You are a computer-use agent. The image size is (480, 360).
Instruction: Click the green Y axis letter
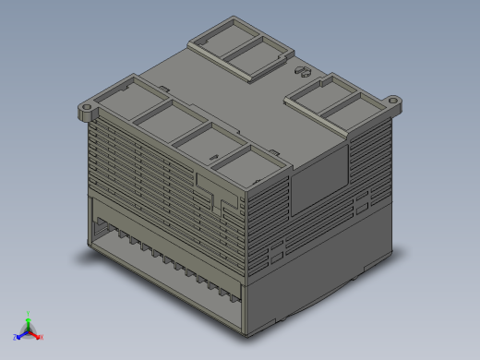[29, 314]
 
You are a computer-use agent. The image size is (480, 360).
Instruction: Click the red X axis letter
[42, 337]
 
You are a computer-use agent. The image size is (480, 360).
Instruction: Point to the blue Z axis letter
[16, 337]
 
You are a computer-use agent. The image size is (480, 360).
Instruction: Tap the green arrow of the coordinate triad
[29, 321]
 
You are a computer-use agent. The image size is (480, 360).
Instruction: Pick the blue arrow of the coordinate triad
[21, 333]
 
